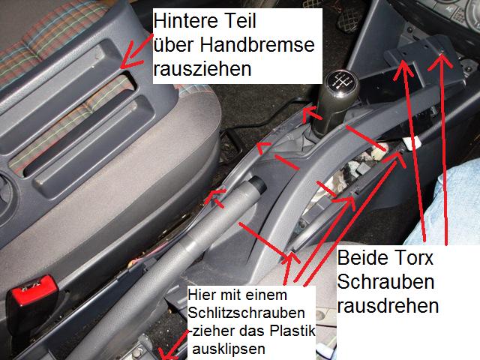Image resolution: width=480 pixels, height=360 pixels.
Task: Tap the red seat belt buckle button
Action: coord(32,290)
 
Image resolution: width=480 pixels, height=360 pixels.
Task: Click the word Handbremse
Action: coord(257,45)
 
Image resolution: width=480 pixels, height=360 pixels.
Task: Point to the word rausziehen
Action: coord(202,68)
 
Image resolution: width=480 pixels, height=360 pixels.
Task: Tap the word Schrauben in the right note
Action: coord(385,282)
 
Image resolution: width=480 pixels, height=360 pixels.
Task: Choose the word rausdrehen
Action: coord(388,306)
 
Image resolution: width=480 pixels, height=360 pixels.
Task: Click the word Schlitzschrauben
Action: coord(247,313)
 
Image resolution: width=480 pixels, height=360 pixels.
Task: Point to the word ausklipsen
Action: coord(229,349)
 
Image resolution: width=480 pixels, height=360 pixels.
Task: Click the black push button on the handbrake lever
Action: coord(258,185)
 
